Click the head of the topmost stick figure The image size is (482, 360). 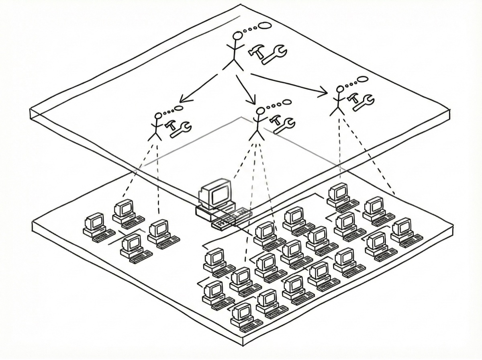[238, 36]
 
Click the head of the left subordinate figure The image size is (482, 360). [158, 116]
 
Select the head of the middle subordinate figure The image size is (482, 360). [260, 110]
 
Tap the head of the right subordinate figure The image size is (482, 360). [340, 89]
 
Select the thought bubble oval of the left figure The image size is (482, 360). [178, 108]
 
